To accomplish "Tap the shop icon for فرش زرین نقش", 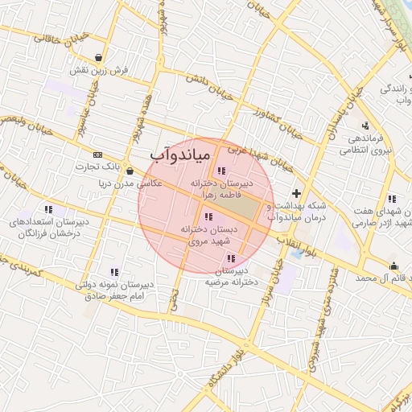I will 98,58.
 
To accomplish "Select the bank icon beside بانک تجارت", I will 98,154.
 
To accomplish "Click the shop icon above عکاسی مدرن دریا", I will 130,171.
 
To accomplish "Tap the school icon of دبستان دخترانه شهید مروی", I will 209,216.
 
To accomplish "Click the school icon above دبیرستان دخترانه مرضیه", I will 233,259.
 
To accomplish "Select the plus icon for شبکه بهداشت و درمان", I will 297,193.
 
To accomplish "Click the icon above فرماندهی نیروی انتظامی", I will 365,125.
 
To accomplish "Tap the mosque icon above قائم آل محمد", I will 393,266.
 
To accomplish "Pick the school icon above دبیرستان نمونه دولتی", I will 114,272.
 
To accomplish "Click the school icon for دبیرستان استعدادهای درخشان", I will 49,209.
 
